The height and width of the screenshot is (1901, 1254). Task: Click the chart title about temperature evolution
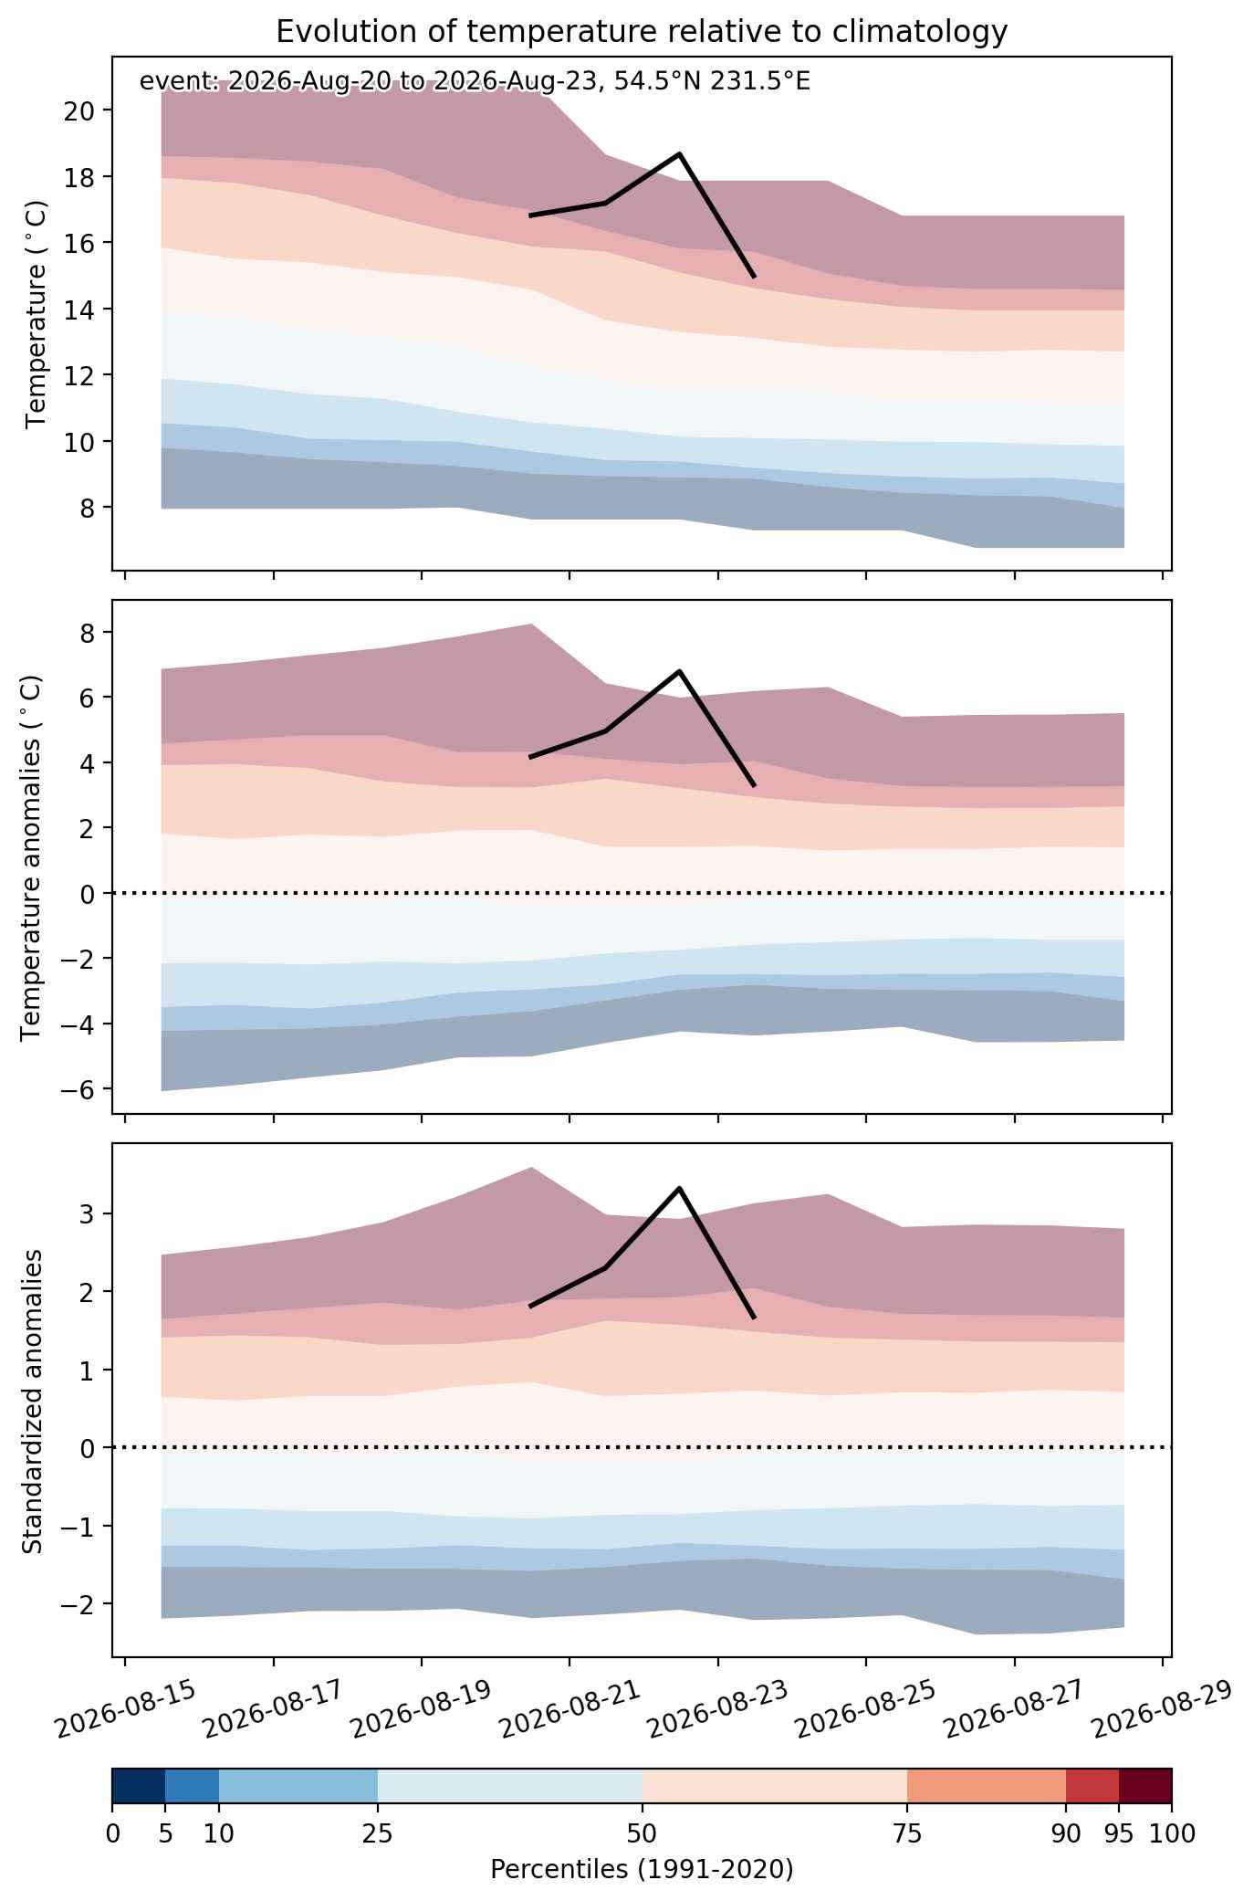[x=642, y=32]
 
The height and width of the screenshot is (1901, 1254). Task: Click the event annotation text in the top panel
[x=475, y=82]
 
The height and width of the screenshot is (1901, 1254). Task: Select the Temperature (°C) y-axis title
[x=36, y=313]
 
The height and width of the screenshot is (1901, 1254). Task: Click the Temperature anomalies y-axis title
[x=32, y=856]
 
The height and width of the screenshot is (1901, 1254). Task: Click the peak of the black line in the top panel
[x=680, y=153]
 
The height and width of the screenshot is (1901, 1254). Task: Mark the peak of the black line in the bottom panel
[x=680, y=1188]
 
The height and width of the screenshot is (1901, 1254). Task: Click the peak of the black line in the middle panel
[x=680, y=671]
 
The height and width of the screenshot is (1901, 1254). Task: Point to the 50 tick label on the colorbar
[x=642, y=1833]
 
